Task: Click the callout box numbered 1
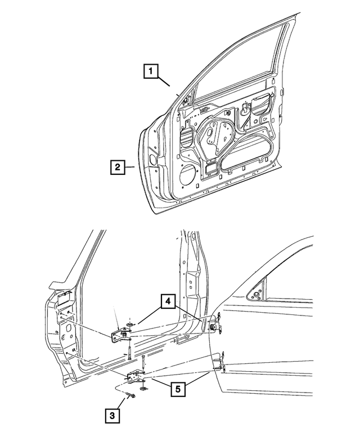pyautogui.click(x=150, y=72)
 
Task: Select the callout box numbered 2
pyautogui.click(x=117, y=167)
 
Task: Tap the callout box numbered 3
pyautogui.click(x=111, y=416)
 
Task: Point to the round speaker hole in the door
pyautogui.click(x=186, y=176)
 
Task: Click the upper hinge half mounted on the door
pyautogui.click(x=215, y=327)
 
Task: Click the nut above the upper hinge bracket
pyautogui.click(x=130, y=325)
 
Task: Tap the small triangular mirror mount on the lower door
pyautogui.click(x=256, y=295)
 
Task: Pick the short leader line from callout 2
pyautogui.click(x=129, y=167)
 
